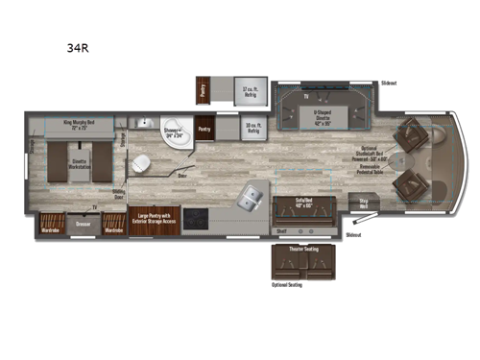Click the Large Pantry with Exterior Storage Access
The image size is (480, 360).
155,220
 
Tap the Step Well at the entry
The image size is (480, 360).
364,204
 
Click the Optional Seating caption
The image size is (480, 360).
287,284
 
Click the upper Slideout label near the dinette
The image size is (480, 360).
390,83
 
